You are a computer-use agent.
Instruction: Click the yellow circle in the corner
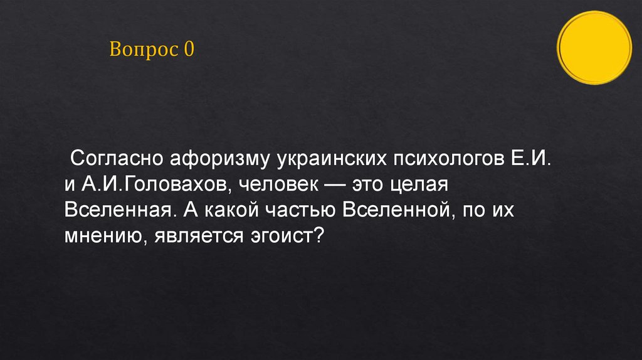594,48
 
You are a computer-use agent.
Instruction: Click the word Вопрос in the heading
144,49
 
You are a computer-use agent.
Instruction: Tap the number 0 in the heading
189,49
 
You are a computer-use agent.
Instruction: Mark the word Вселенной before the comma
397,211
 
